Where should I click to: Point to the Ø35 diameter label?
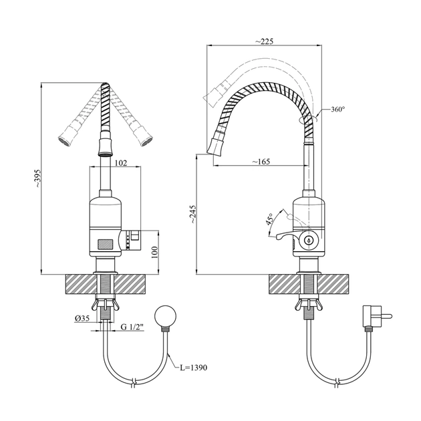[82, 317]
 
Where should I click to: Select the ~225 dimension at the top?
[264, 41]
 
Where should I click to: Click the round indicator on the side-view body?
[309, 240]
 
